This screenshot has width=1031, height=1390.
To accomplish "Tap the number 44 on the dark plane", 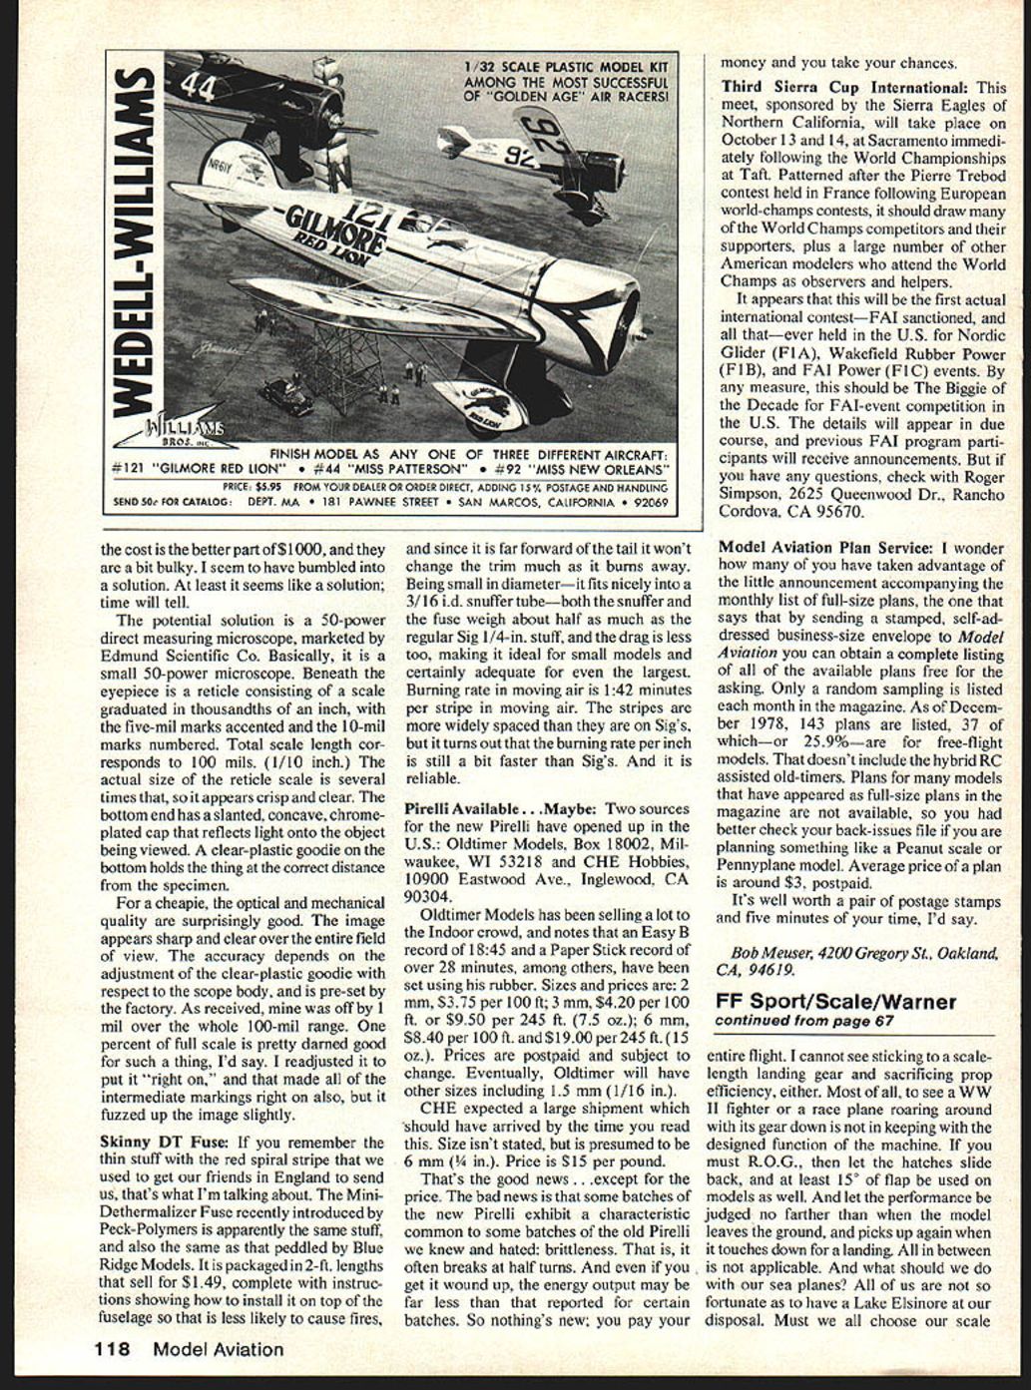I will tap(198, 88).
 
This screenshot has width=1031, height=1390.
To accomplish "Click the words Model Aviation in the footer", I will tap(218, 1350).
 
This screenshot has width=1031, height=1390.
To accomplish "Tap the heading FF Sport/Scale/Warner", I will tap(834, 1002).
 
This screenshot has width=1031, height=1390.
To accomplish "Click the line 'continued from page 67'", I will tap(803, 1021).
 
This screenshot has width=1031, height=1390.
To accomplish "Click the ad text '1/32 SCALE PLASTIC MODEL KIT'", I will tap(566, 68).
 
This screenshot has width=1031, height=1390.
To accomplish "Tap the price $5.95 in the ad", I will tap(268, 487).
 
